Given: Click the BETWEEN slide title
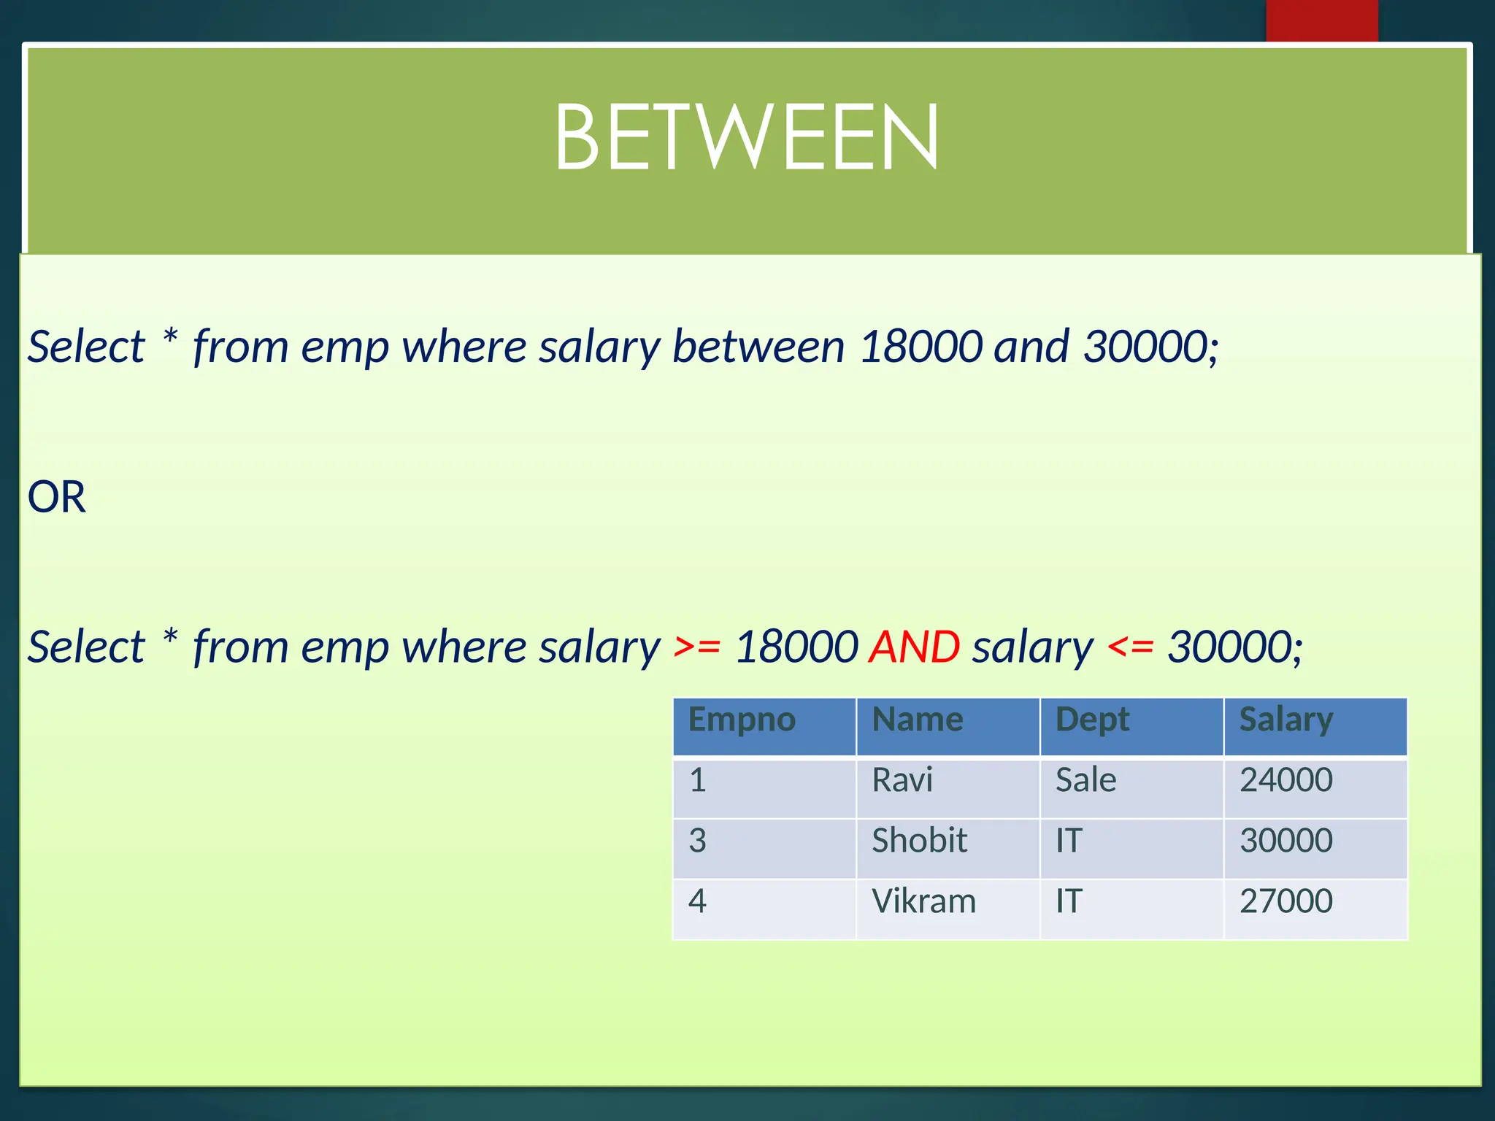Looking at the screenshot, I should point(746,138).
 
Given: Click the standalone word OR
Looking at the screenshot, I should point(57,498).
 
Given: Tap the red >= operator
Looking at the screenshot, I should point(697,647).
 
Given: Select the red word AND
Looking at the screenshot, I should point(914,647).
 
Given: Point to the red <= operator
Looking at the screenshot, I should point(1130,647).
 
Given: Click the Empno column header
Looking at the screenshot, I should point(742,720).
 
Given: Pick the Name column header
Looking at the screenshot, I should point(918,720).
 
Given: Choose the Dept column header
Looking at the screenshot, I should point(1092,720).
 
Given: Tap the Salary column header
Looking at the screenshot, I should point(1286,720).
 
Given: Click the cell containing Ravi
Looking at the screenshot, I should point(902,781).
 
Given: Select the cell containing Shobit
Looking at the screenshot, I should point(919,841).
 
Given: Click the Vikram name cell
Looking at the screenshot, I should point(923,902).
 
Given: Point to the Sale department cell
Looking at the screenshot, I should point(1085,781).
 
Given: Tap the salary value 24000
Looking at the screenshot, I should point(1286,781).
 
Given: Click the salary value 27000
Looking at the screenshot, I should point(1286,902).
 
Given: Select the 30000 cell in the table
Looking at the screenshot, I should point(1286,841).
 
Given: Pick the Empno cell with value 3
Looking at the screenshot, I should point(698,841).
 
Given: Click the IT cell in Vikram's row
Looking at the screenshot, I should point(1069,902).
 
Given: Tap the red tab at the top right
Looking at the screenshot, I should point(1321,20).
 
